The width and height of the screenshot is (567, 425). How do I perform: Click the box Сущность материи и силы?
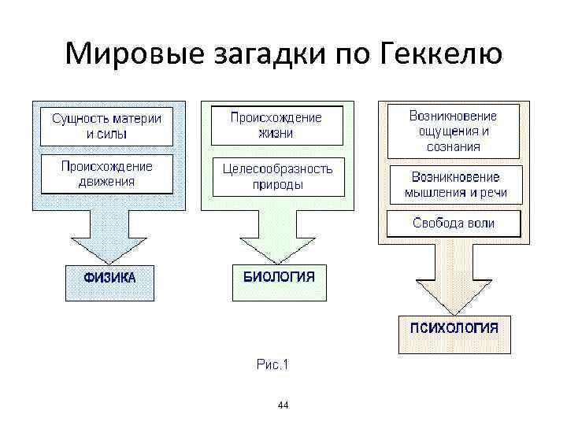click(x=107, y=126)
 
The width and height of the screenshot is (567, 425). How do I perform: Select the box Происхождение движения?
click(x=107, y=174)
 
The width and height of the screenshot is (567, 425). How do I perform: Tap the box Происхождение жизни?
click(x=276, y=125)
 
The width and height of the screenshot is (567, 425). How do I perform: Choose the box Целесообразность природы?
click(x=277, y=177)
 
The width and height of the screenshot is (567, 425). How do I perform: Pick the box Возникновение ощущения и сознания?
click(x=453, y=131)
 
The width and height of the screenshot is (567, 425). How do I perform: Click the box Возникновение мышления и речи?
click(x=455, y=185)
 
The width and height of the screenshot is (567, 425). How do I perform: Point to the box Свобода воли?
click(x=454, y=223)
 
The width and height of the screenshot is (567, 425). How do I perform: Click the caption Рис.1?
click(x=274, y=364)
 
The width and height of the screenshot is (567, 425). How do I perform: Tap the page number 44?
click(x=283, y=405)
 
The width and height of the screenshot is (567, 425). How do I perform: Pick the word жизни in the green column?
click(x=276, y=133)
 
